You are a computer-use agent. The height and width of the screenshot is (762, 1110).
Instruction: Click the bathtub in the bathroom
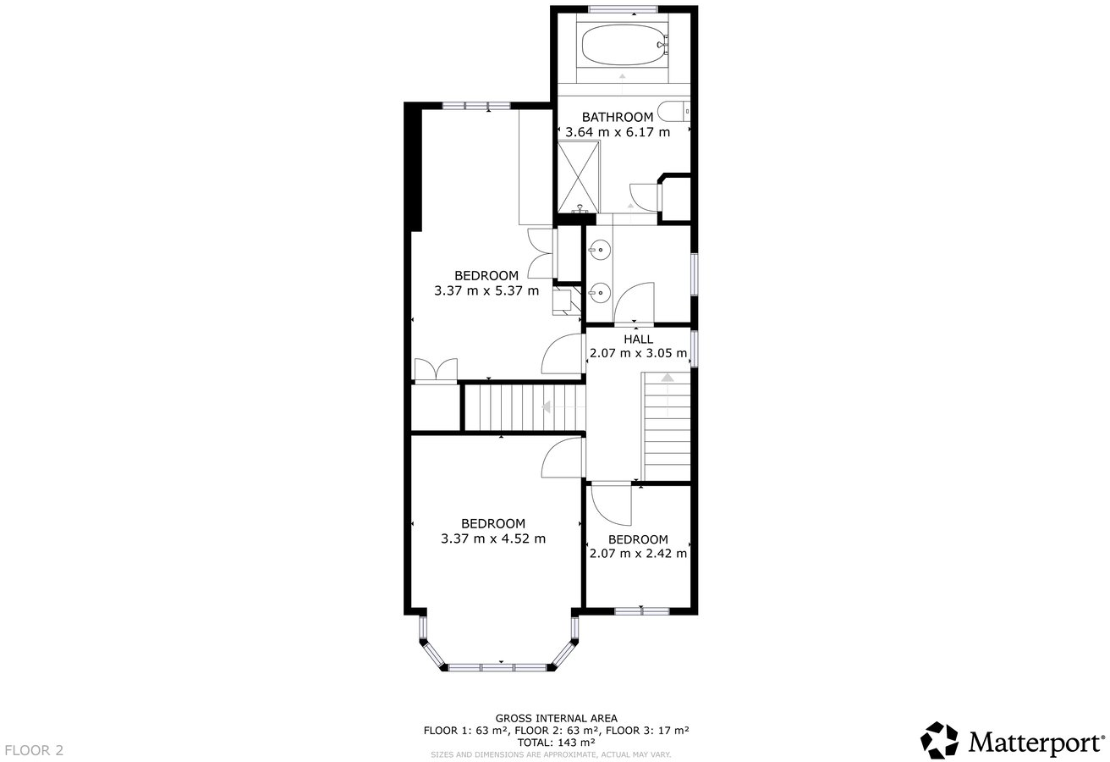point(622,45)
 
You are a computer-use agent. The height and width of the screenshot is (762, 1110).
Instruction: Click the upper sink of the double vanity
point(599,250)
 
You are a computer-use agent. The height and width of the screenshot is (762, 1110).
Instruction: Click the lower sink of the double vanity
point(599,293)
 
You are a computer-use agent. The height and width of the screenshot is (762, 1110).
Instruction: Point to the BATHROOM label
point(618,117)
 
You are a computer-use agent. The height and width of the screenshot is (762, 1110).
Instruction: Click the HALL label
point(638,339)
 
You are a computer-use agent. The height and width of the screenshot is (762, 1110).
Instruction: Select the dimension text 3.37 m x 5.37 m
point(486,290)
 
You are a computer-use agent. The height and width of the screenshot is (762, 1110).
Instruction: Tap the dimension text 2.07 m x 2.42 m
point(638,554)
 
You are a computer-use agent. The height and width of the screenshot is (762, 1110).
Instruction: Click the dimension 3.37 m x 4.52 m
point(493,538)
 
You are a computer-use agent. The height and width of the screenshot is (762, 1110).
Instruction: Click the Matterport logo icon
point(939,740)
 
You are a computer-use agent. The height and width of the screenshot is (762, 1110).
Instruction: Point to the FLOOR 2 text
point(34,750)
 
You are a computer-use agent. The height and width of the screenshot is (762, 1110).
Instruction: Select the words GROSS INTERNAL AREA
point(556,718)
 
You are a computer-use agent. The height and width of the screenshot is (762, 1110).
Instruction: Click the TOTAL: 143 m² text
point(556,742)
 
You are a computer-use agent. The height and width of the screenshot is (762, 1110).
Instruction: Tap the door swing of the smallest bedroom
point(609,505)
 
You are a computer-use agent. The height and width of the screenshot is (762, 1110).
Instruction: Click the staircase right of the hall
point(667,428)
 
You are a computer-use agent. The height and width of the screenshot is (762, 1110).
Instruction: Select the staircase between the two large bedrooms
point(508,407)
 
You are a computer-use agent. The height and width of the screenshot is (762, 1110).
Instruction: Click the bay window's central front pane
point(497,667)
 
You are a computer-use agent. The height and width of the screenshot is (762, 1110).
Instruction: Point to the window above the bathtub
point(623,9)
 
